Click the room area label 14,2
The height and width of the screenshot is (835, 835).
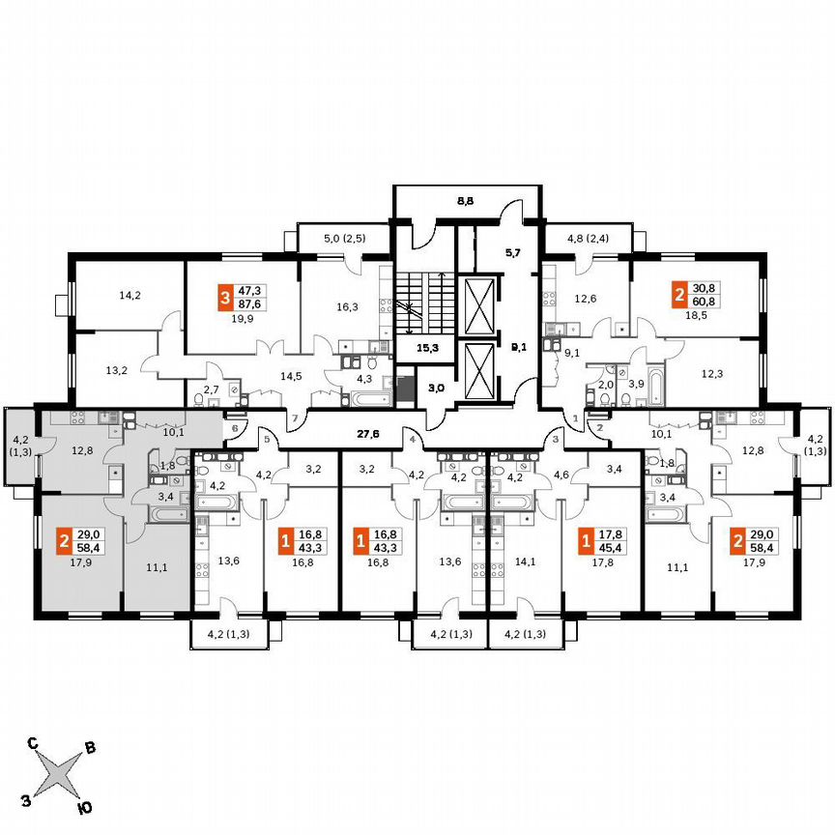pos(130,296)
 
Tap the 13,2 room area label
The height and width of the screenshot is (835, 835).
pos(116,368)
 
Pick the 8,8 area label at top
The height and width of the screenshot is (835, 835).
pos(465,202)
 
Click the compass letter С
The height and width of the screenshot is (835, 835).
pos(32,743)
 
